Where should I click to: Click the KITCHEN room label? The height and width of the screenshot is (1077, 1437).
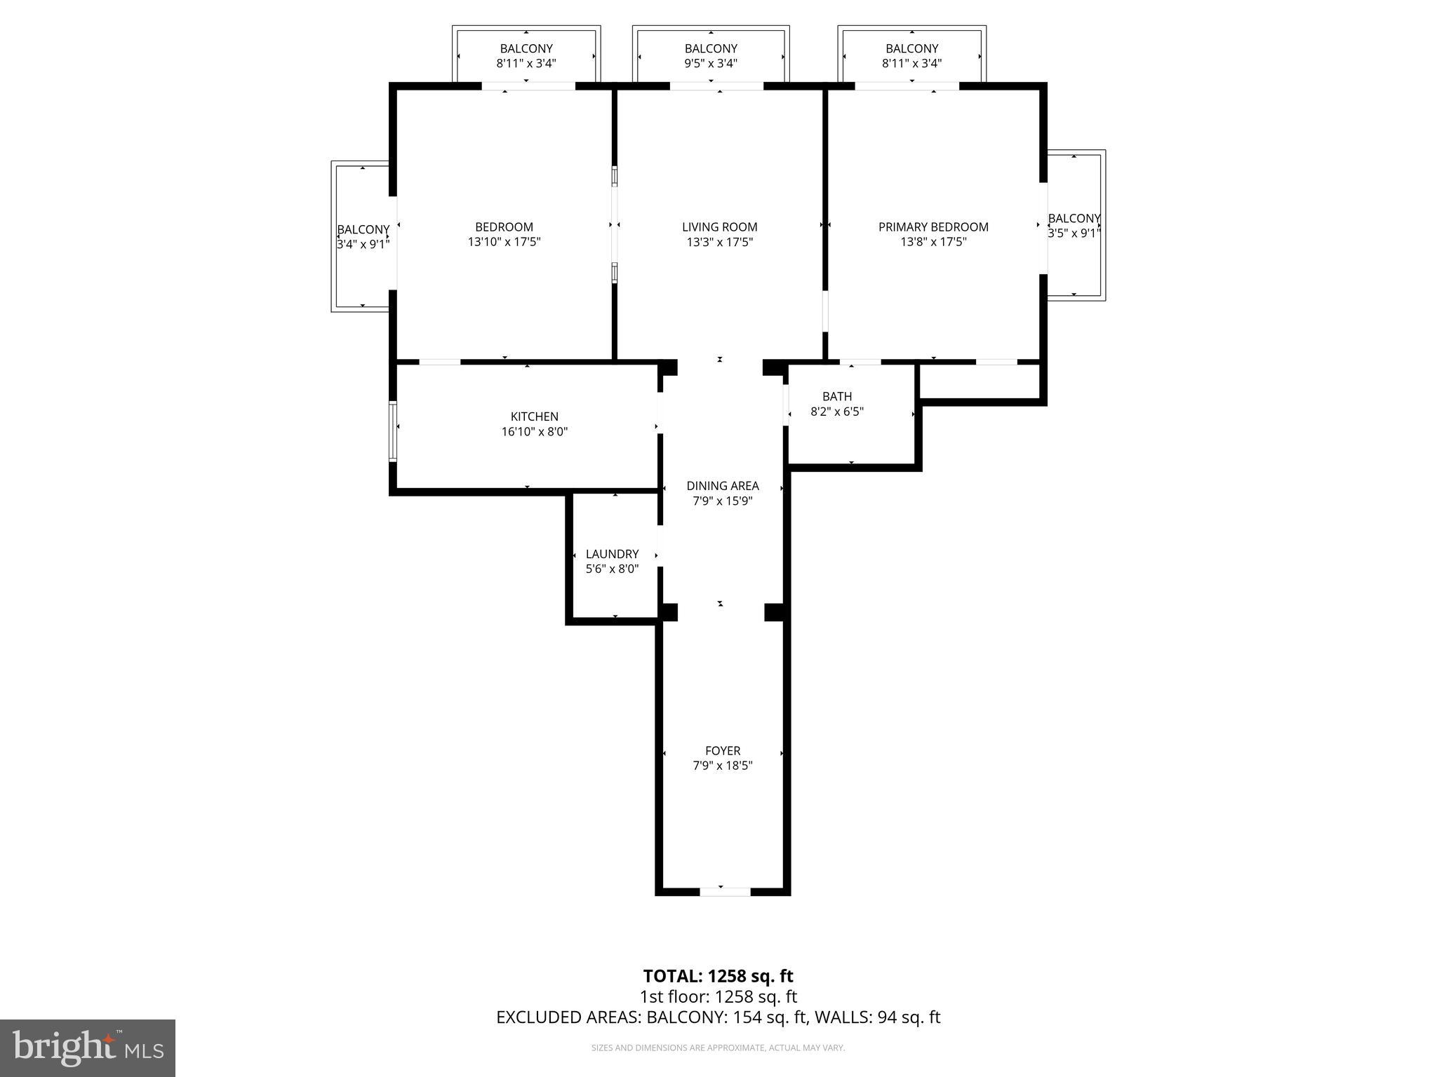(534, 416)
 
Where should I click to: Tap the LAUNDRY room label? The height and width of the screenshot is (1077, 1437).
(612, 554)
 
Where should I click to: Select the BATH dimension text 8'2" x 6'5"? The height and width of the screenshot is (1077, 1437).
(836, 412)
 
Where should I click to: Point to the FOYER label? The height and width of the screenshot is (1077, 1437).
(722, 750)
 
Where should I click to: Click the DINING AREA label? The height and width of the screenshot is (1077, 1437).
(722, 486)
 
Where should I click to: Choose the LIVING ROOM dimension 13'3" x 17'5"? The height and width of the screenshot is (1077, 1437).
(719, 242)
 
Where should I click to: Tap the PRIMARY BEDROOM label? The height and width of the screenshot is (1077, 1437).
(933, 226)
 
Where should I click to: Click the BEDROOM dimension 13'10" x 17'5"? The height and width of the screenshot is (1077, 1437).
(504, 242)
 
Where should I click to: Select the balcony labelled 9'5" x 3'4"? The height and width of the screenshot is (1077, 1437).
(711, 55)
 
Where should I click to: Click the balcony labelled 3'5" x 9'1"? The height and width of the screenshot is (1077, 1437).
(1074, 226)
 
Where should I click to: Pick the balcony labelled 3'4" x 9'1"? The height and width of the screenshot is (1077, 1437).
(363, 236)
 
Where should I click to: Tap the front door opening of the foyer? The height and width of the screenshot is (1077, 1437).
(725, 891)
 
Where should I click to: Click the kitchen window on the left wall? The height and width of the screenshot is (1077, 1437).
(394, 431)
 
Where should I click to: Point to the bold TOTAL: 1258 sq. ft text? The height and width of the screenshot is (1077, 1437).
(718, 976)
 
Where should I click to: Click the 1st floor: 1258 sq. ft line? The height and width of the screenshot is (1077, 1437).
(718, 996)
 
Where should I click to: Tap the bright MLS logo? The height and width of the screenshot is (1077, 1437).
(88, 1048)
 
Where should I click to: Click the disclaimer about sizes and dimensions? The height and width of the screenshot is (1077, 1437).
(718, 1048)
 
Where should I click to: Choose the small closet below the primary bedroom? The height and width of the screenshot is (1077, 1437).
(979, 381)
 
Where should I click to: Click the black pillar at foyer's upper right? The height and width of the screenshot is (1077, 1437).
(774, 611)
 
